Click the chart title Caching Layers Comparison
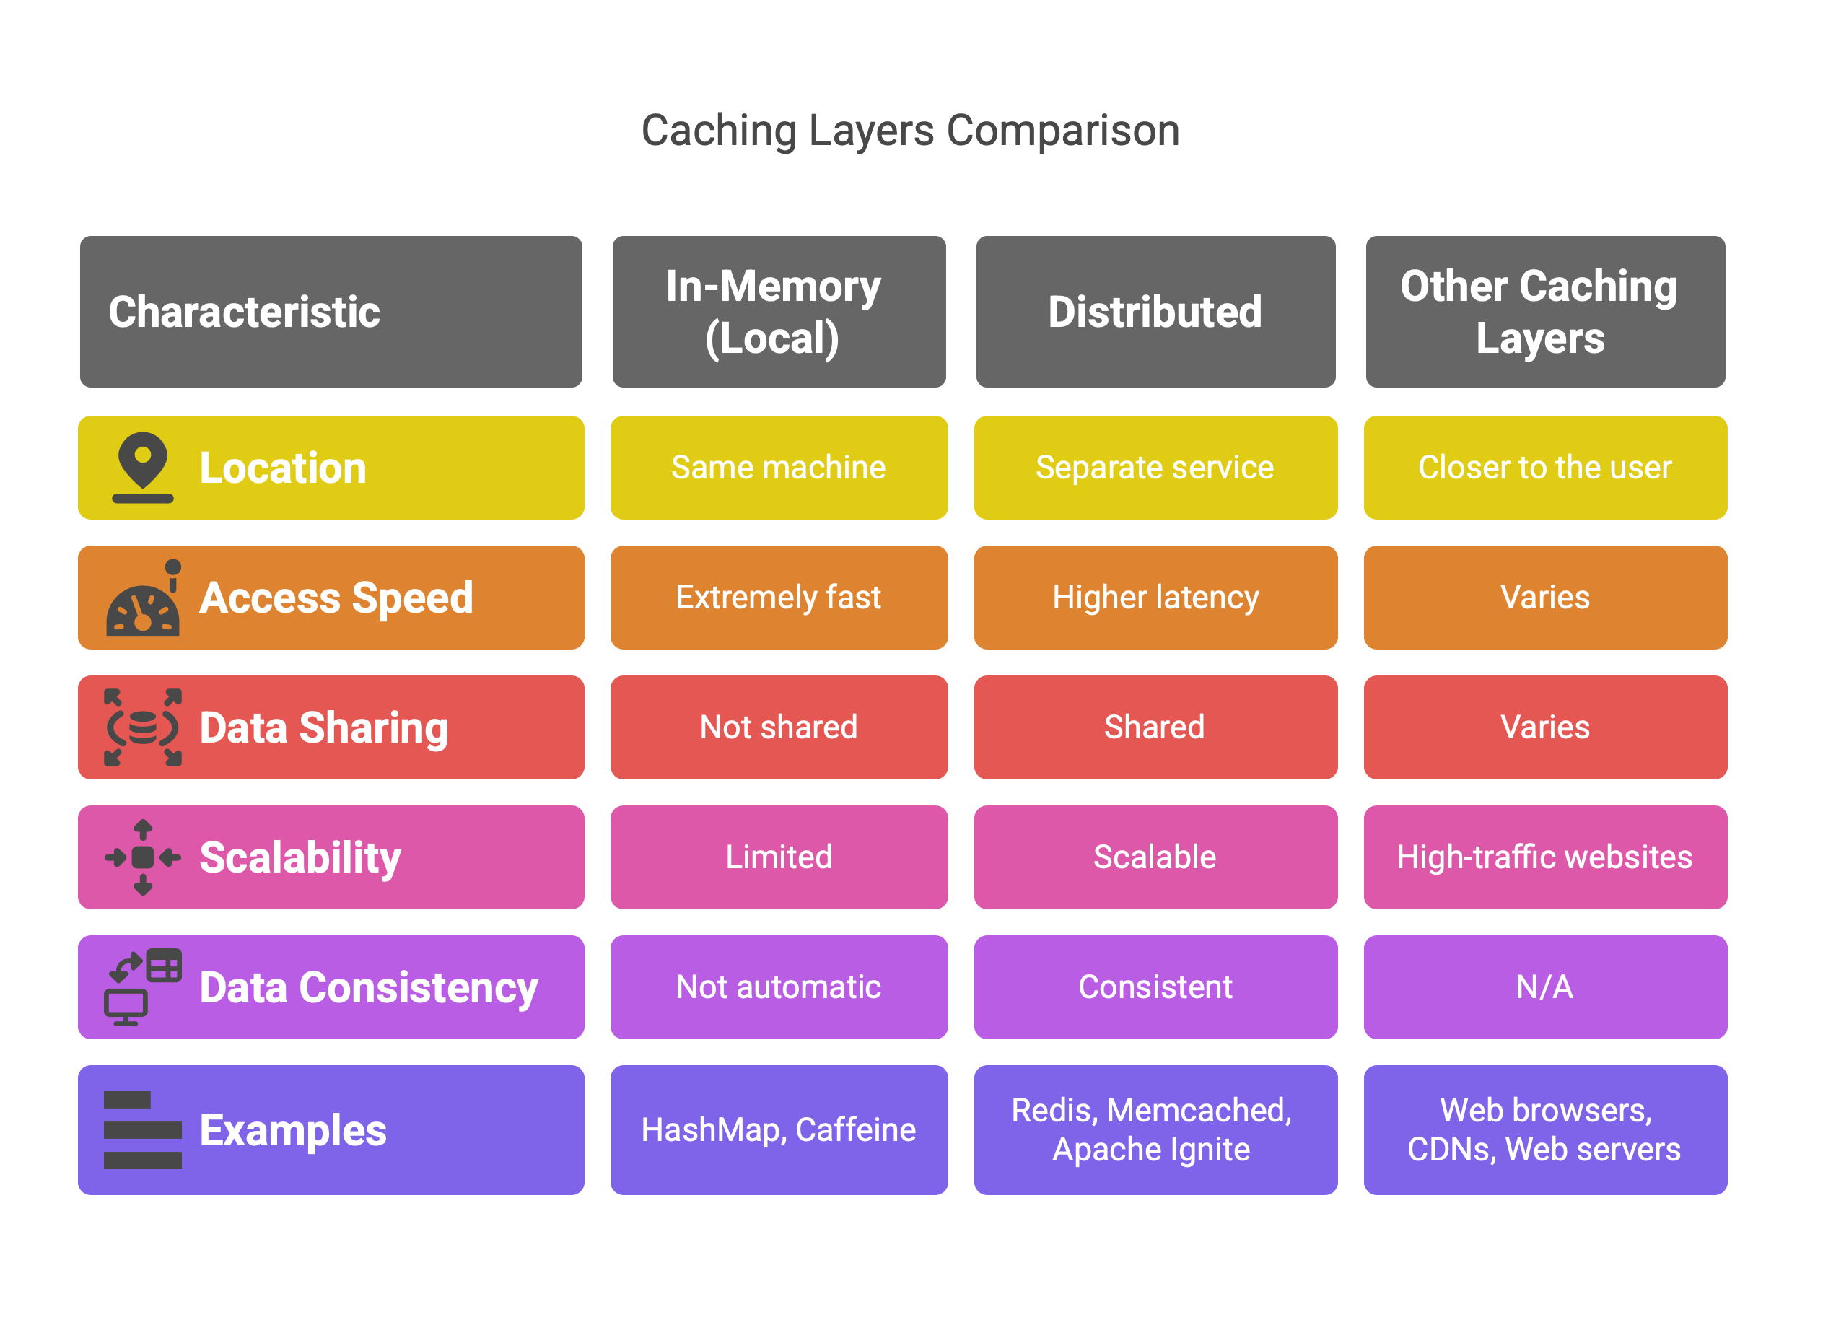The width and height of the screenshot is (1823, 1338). [x=910, y=131]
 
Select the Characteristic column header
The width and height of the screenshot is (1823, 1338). [x=331, y=312]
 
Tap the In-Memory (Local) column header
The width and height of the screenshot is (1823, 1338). [x=778, y=312]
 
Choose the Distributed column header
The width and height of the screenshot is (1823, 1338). [x=1155, y=312]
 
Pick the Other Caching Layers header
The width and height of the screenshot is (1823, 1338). [x=1544, y=312]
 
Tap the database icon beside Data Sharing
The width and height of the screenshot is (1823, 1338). [x=143, y=727]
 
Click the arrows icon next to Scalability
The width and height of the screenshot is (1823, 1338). [x=143, y=857]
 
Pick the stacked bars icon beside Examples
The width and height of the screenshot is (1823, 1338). [x=143, y=1130]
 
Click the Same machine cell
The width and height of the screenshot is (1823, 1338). [x=778, y=468]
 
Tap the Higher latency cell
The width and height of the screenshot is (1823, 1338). [x=1155, y=598]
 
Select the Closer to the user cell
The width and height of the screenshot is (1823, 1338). [x=1544, y=468]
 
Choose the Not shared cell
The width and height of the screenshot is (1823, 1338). [x=778, y=727]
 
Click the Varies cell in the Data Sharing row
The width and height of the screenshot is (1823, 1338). [x=1544, y=727]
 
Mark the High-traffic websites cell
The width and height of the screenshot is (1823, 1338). [x=1544, y=857]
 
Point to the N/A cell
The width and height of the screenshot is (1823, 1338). [x=1544, y=987]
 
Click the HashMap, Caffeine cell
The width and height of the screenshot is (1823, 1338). [x=778, y=1130]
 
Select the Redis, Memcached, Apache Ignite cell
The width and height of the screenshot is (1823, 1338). [x=1155, y=1130]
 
